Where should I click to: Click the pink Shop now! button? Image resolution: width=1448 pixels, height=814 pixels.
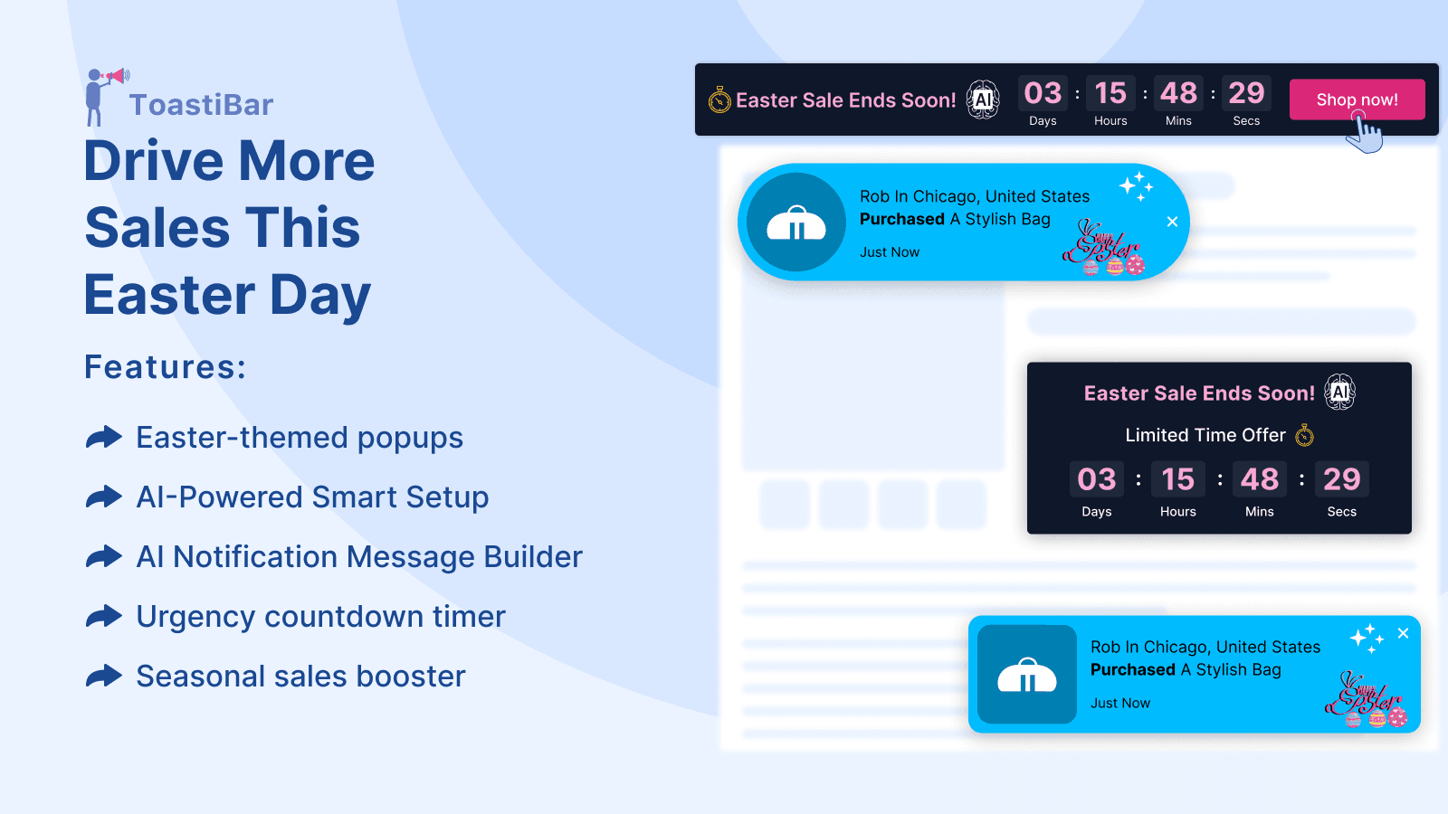point(1357,99)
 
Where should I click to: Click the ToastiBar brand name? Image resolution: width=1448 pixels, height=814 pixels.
point(201,105)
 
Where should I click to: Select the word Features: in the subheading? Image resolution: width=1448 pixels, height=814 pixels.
point(165,367)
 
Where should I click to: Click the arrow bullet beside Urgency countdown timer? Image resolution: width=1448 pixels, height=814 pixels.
point(104,617)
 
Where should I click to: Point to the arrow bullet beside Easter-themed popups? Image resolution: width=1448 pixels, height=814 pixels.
point(104,438)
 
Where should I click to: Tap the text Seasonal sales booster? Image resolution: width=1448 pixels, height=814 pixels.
point(300,677)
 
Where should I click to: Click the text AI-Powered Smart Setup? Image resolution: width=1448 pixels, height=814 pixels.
point(312,497)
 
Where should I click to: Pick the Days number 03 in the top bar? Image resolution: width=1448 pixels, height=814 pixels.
point(1043,93)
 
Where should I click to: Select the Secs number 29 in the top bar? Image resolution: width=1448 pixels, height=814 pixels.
point(1246,93)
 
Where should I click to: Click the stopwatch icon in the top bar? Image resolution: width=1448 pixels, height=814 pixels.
point(719,100)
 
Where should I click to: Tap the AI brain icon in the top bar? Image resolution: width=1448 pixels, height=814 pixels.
point(983,99)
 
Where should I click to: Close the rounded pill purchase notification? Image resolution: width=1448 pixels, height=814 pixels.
point(1172,222)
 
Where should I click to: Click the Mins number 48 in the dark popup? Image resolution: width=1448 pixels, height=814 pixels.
point(1259,479)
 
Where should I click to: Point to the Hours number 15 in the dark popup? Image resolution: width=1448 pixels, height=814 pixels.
point(1177,479)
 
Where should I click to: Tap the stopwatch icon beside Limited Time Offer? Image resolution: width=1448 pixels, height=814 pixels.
point(1304,436)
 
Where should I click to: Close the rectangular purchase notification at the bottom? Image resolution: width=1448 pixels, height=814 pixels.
point(1403,633)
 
